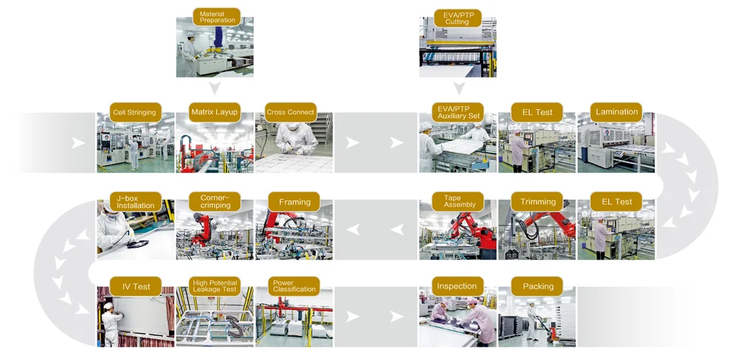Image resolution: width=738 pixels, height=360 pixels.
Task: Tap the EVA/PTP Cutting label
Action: click(457, 18)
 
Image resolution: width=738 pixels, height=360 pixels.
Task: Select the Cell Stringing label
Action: click(134, 112)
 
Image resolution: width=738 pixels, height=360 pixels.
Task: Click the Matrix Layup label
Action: click(215, 112)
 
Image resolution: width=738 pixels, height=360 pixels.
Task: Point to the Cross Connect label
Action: click(291, 112)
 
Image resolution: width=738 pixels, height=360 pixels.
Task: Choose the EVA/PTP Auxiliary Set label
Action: click(458, 112)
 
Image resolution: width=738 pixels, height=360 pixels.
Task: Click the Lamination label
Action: click(616, 112)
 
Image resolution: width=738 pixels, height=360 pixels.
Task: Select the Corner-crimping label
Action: click(215, 201)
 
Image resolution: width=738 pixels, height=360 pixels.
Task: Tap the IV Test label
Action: click(135, 286)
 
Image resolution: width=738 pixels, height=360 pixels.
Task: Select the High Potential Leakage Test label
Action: click(215, 286)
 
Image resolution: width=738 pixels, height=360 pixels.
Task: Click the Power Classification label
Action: click(294, 286)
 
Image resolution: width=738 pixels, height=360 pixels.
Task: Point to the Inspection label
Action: click(457, 286)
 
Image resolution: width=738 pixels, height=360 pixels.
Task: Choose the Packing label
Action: click(538, 286)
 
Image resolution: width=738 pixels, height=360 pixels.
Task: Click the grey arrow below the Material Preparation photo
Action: click(215, 89)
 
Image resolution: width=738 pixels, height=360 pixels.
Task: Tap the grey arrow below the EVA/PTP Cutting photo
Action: click(458, 89)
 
